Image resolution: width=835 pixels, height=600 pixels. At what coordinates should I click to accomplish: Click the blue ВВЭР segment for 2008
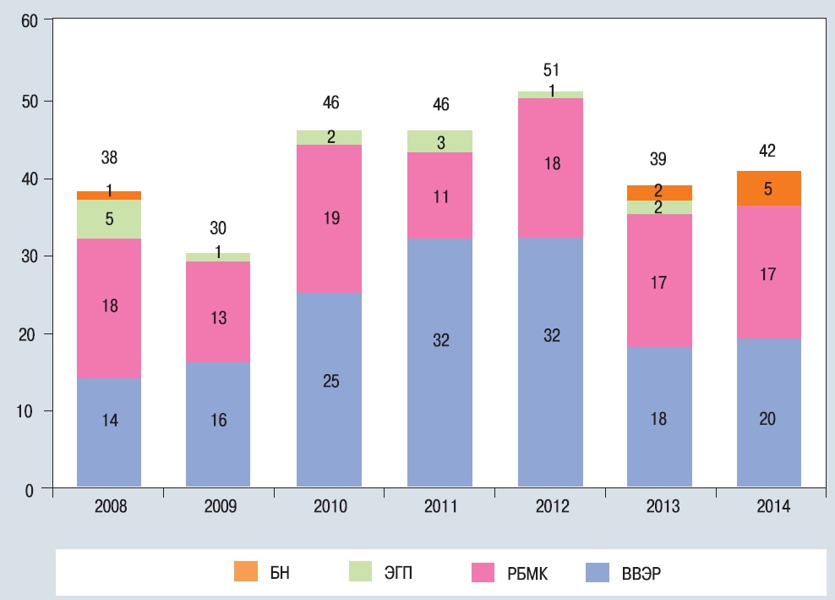109,432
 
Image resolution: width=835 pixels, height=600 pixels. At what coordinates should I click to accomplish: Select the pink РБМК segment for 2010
329,218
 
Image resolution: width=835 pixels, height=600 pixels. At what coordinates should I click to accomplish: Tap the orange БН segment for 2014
767,188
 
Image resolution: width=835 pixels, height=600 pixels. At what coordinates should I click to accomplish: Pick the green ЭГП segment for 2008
109,219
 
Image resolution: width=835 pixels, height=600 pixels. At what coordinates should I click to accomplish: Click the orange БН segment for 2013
658,192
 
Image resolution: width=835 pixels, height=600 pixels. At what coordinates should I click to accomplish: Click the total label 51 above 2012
551,70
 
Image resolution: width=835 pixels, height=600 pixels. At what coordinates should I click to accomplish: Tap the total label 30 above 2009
219,228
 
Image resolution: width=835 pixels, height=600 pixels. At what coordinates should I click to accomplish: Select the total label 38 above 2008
109,157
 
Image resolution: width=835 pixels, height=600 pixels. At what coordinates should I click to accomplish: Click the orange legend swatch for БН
245,573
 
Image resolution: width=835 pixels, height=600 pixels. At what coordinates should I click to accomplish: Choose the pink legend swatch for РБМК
482,573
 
